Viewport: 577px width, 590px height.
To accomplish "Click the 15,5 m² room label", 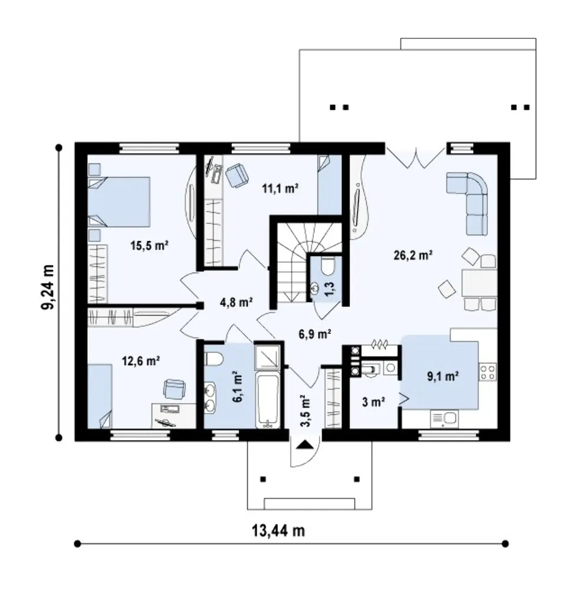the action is (x=149, y=246).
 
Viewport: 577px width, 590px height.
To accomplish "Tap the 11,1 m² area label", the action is (x=280, y=188).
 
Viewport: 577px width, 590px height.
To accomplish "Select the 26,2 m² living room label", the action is (x=412, y=255).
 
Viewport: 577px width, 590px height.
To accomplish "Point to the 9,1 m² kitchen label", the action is (x=442, y=376).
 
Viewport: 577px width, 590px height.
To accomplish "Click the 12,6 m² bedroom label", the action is (x=140, y=361).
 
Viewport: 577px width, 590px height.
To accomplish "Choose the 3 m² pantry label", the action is (x=373, y=402).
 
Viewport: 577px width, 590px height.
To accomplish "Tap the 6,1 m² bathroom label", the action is (x=237, y=387).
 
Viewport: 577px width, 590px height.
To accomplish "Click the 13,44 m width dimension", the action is (x=278, y=530).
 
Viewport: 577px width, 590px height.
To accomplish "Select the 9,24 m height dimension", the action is (x=48, y=287).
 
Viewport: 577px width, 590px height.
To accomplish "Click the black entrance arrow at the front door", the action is (x=304, y=445).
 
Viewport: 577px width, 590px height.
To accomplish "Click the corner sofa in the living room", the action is (x=467, y=203).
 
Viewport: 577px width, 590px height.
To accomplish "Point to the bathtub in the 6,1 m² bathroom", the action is (x=267, y=401).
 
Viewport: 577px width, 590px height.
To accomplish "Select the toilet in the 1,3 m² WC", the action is (x=327, y=267).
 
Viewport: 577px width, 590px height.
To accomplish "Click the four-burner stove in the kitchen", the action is (x=487, y=372).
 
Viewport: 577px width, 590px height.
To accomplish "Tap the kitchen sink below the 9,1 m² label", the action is (x=444, y=419).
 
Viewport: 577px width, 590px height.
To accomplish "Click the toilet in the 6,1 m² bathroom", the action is (x=214, y=359).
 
